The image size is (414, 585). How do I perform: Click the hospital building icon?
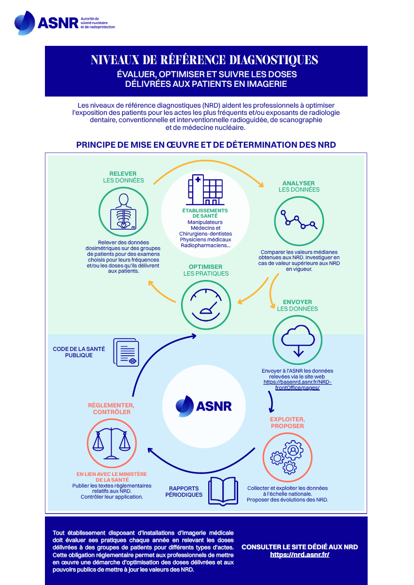205,190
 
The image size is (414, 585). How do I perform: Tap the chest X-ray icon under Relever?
123,212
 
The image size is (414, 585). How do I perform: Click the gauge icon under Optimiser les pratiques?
206,305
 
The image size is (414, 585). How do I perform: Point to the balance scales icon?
112,444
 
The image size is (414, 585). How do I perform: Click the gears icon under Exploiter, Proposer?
287,457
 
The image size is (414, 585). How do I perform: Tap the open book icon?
223,491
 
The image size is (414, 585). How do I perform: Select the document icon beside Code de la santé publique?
126,352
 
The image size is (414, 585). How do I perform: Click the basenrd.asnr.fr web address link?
298,385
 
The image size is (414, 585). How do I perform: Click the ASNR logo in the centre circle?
203,406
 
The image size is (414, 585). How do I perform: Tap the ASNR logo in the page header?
65,23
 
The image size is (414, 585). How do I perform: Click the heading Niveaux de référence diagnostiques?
204,60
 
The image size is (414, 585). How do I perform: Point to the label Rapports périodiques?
184,491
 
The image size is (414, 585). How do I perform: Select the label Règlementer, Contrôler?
111,408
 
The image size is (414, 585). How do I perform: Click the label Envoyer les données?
298,306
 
